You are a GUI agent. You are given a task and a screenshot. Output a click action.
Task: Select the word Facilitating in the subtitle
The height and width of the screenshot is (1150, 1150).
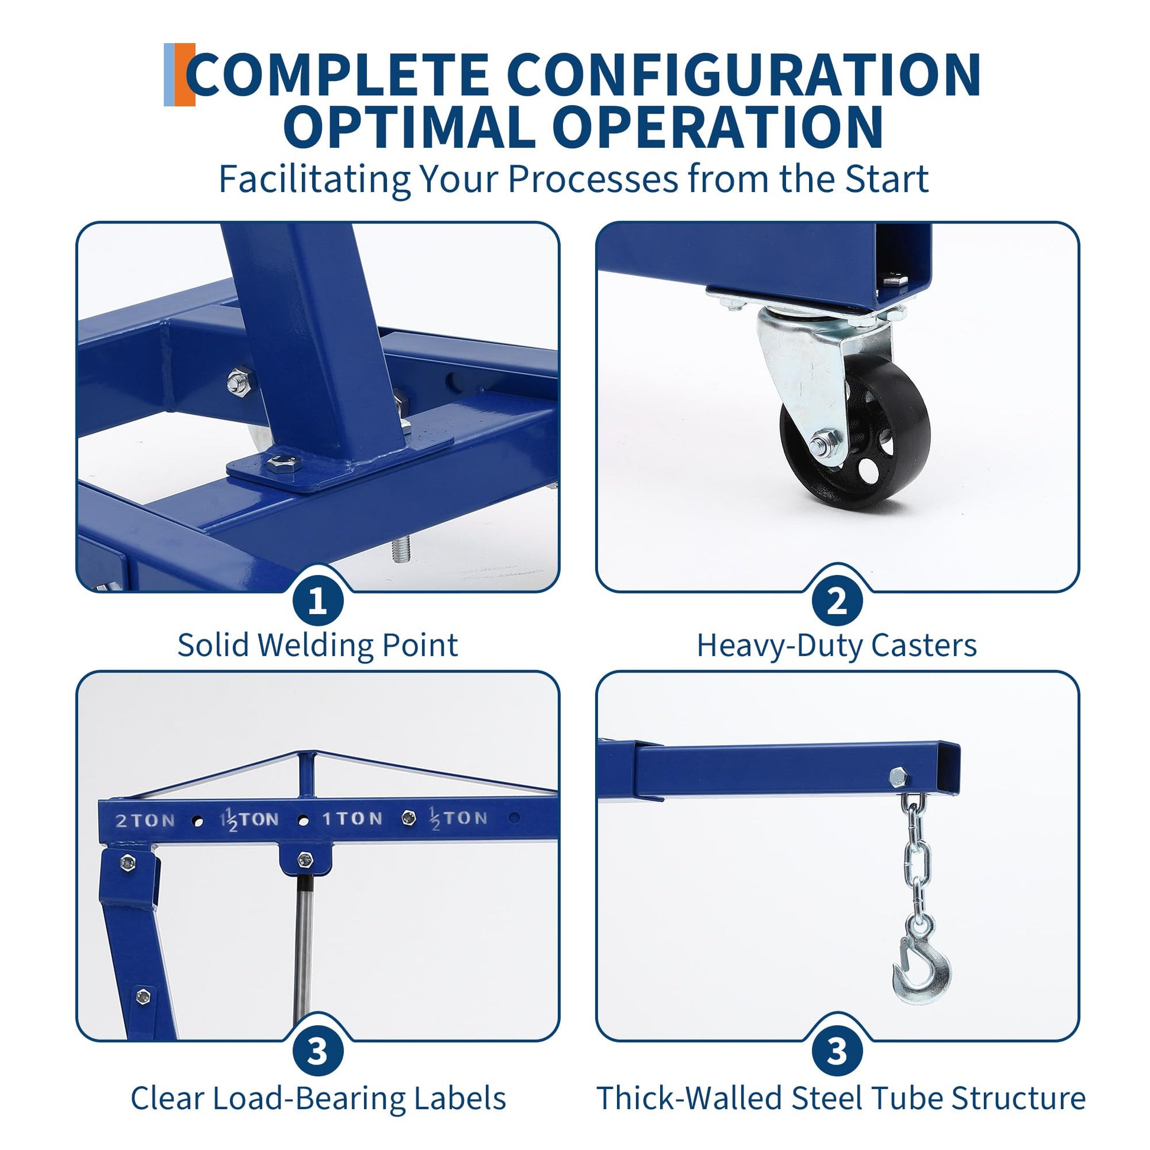315,178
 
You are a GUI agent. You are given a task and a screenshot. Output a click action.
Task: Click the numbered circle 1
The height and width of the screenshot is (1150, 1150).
318,602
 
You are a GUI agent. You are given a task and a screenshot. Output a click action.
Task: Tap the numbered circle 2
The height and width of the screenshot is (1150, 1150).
837,602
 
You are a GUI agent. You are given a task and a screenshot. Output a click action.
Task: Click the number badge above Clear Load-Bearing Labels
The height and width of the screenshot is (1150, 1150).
318,1052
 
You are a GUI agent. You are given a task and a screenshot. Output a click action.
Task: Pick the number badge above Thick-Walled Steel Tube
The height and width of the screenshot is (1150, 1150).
837,1052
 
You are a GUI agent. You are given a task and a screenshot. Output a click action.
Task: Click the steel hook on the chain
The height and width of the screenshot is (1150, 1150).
920,972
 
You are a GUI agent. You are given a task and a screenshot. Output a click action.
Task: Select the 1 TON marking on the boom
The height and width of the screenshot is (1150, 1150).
352,819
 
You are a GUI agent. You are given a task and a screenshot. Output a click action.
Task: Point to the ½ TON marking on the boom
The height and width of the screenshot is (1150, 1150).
459,818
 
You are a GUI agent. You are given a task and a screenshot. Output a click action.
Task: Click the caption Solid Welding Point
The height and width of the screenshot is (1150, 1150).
318,645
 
